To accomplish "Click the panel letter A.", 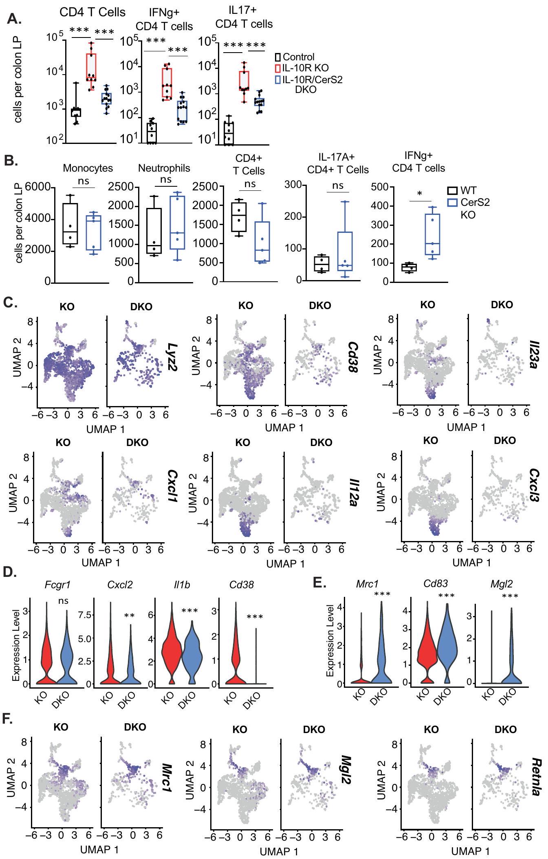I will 15,20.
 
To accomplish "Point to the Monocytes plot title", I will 88,168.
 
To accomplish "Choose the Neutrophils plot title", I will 164,168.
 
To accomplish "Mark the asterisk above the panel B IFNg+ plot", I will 420,193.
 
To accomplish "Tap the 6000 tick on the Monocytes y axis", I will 37,188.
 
